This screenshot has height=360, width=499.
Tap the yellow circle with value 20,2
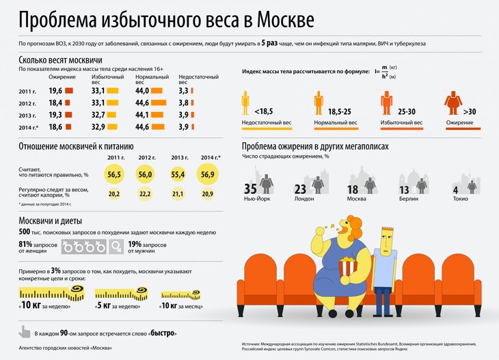click(x=114, y=195)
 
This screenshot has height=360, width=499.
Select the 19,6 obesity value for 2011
click(x=56, y=91)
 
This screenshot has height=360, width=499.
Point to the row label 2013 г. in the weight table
click(x=28, y=115)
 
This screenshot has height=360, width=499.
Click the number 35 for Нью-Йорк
click(x=251, y=189)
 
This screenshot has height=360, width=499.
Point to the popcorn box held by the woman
click(x=347, y=265)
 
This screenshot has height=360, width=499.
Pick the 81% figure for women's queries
click(x=25, y=245)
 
